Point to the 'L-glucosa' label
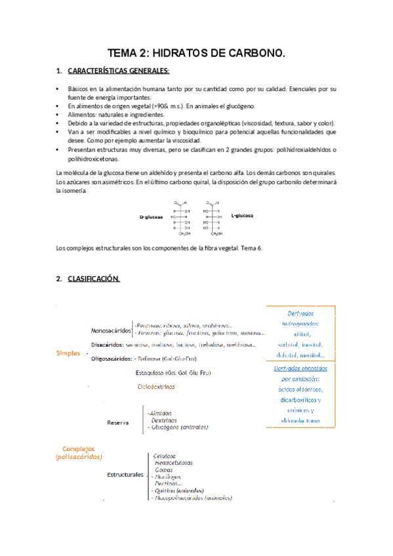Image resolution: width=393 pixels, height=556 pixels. tap(243, 215)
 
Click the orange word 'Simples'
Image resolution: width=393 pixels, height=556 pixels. tap(68, 353)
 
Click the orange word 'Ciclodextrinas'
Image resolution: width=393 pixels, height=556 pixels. tap(156, 387)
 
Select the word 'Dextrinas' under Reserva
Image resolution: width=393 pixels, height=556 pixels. tap(164, 420)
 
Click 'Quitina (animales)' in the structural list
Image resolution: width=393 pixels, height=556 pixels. tap(177, 490)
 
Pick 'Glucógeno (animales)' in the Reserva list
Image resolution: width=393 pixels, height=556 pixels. tap(179, 427)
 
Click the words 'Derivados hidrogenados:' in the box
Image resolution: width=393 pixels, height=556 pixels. tap(300, 319)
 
